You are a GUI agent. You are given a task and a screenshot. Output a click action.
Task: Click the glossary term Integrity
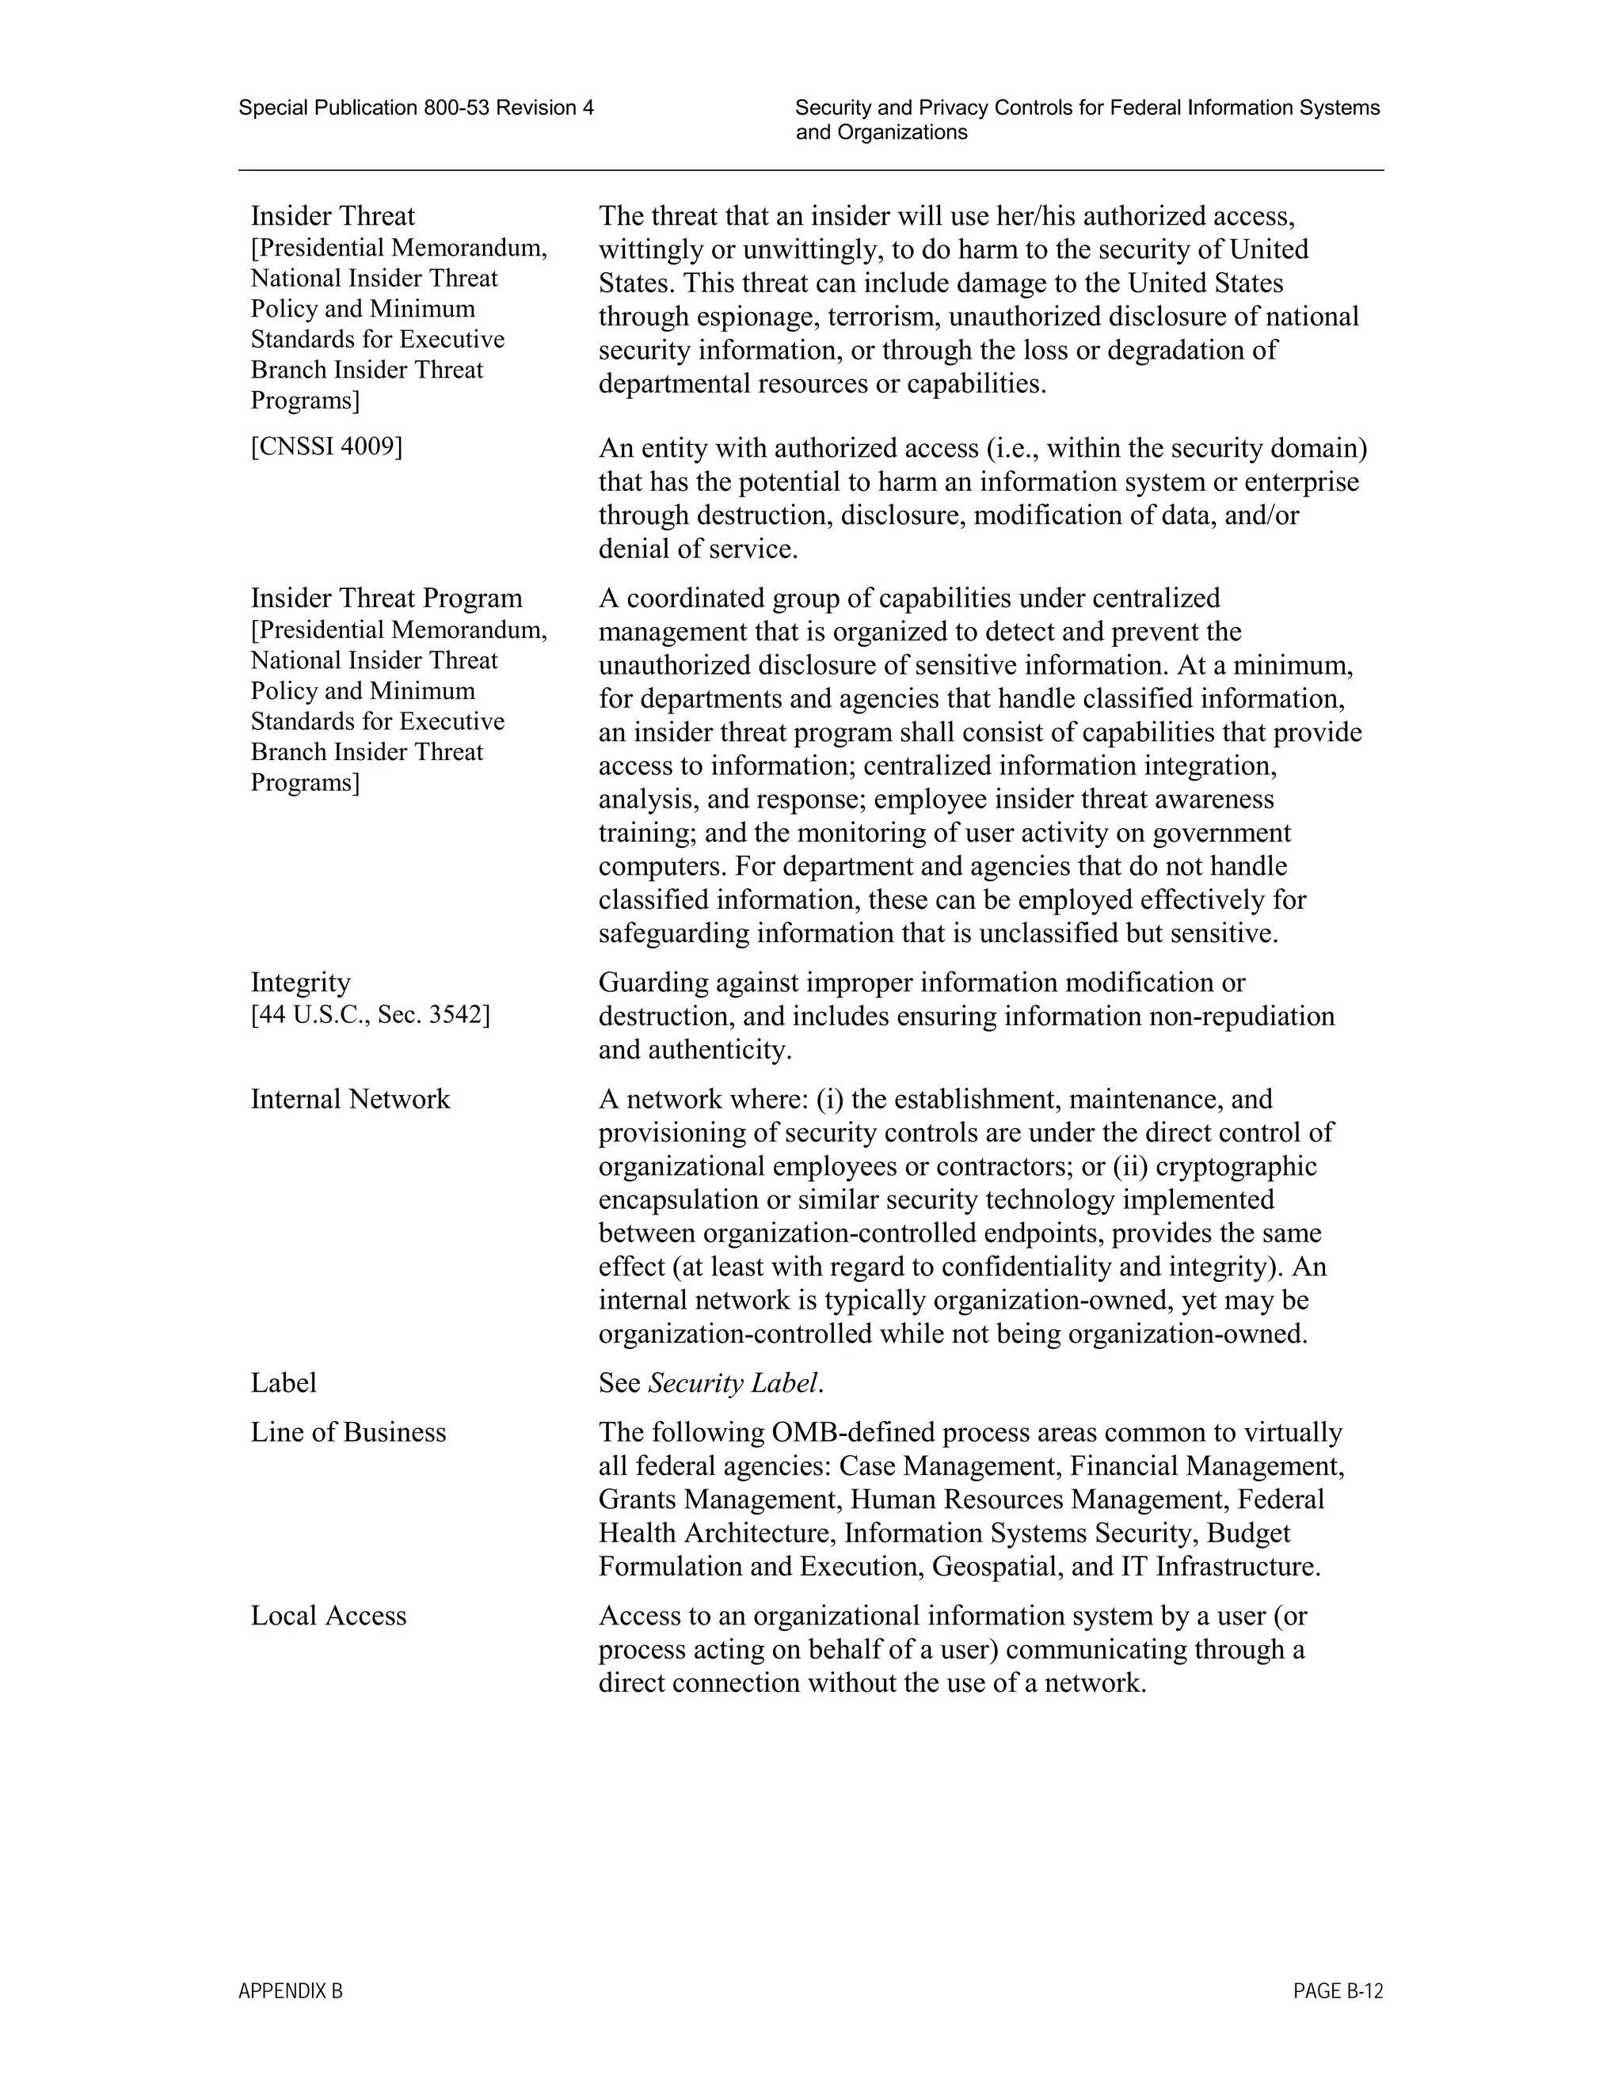pos(301,982)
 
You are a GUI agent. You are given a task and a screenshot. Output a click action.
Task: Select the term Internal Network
pos(350,1099)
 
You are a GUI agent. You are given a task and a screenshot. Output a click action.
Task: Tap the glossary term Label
pos(284,1383)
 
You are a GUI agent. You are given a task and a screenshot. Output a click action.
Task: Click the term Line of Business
pos(348,1432)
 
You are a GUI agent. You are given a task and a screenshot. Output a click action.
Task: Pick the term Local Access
pos(329,1616)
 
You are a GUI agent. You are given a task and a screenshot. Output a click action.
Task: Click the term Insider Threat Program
pos(386,599)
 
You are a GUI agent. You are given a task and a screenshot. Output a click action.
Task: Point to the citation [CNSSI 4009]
pos(327,447)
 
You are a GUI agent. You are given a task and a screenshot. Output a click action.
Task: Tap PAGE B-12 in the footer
pos(1338,1991)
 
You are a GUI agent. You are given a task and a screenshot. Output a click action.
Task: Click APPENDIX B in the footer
pos(290,1991)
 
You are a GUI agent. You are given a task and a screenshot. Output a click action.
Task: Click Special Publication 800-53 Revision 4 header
pos(416,108)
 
